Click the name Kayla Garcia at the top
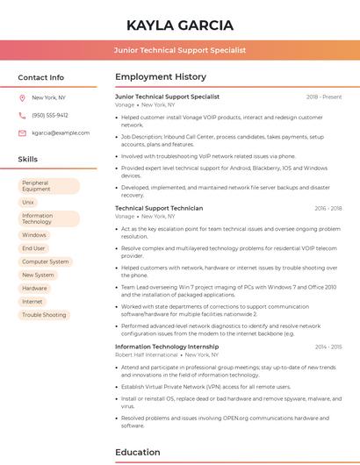[180, 25]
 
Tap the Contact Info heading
[41, 77]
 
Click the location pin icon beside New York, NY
[22, 97]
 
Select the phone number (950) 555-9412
[50, 115]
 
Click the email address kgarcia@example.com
[61, 132]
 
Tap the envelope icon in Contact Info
[22, 132]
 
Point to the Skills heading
[28, 160]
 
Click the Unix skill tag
[29, 202]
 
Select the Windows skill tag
[34, 235]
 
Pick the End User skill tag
[34, 248]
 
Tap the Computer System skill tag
[46, 261]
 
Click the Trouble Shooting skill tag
[44, 315]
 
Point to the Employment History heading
[161, 77]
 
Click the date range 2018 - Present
[324, 97]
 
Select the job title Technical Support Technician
[159, 208]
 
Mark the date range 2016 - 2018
[328, 208]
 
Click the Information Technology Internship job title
[166, 347]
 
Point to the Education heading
[138, 452]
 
